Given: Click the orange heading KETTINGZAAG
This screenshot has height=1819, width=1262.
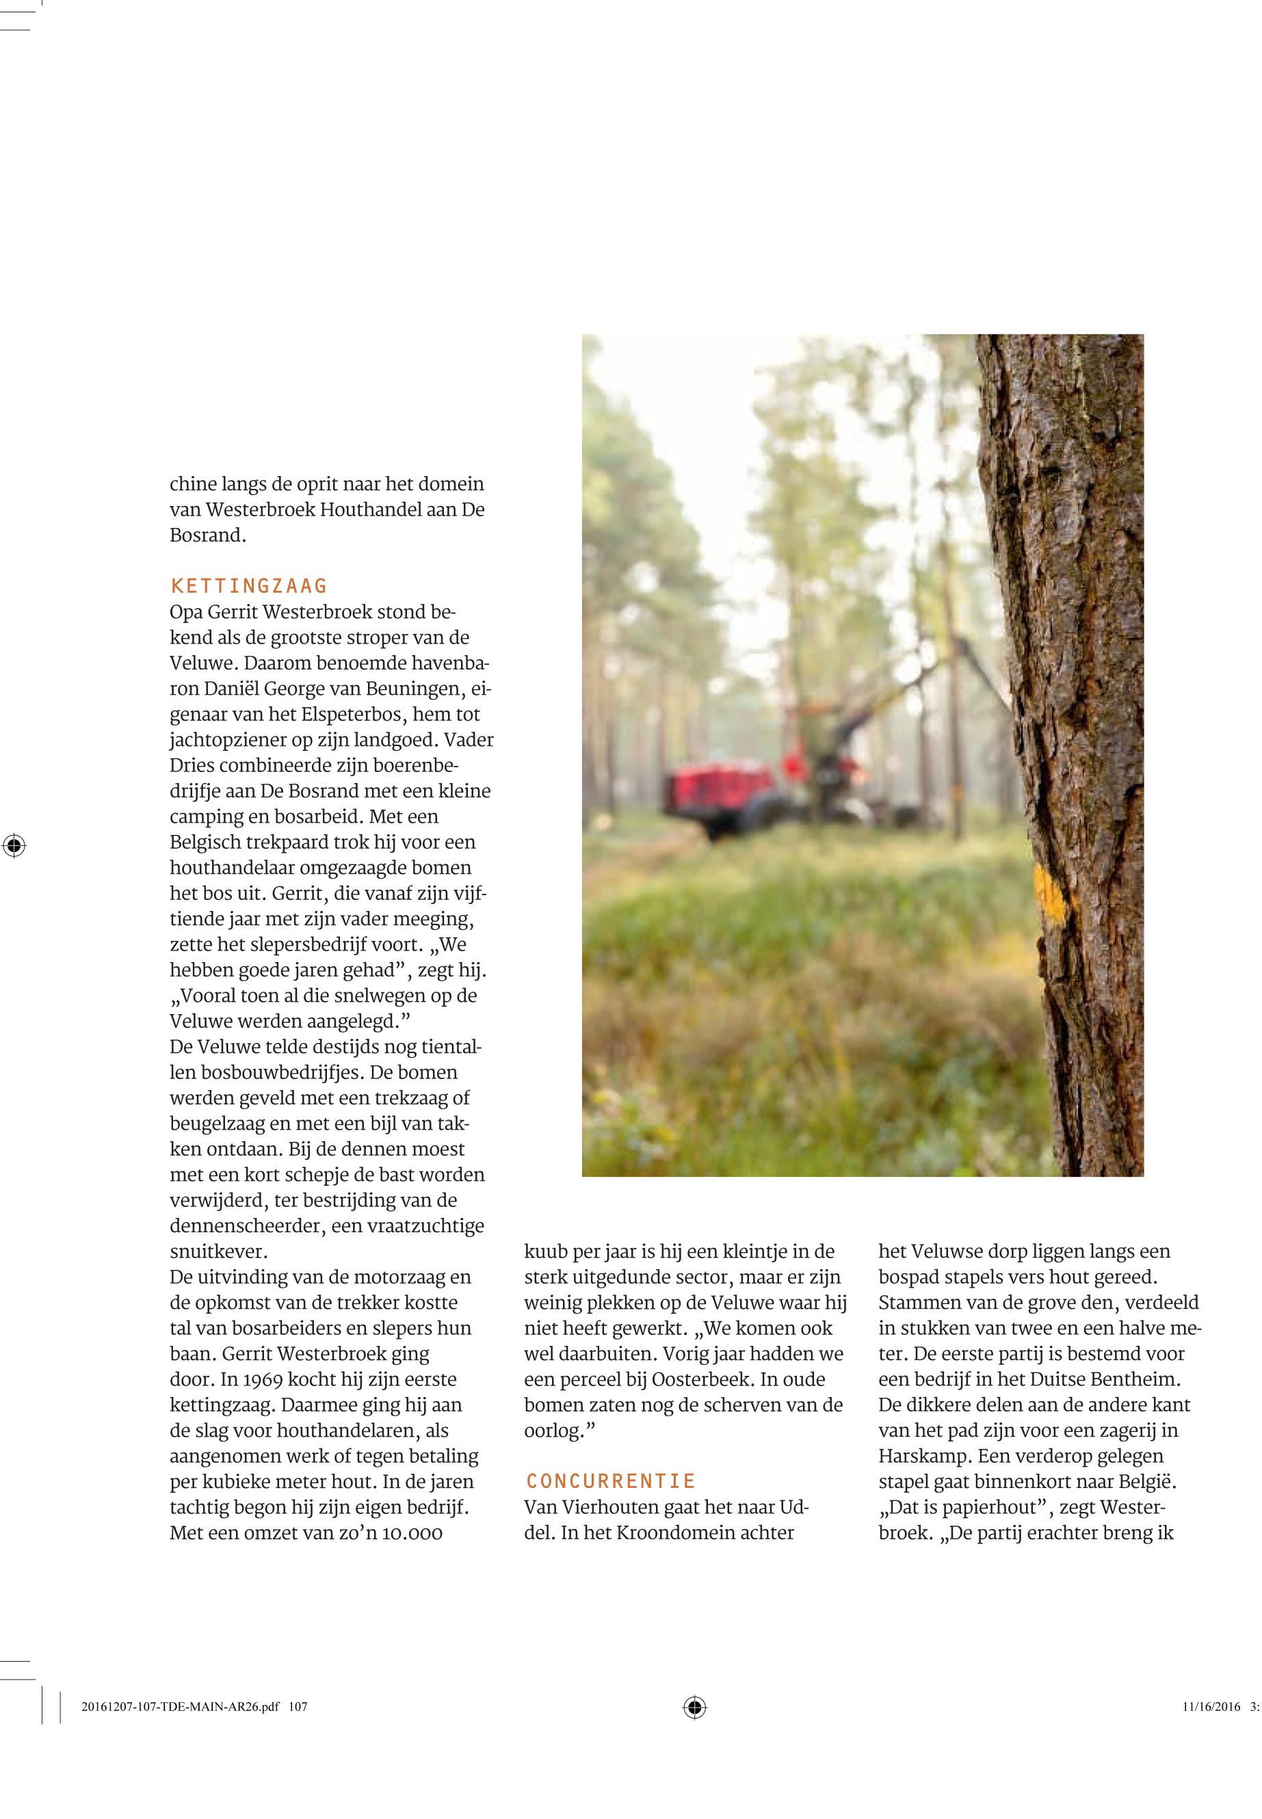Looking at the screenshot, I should tap(248, 586).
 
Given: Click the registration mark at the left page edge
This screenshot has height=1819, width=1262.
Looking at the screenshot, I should tap(14, 846).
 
